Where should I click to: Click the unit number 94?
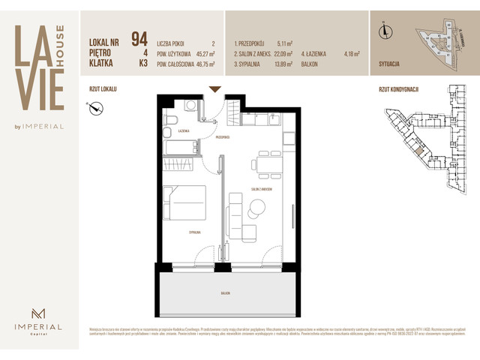click(139, 39)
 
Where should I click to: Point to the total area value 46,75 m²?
click(202, 65)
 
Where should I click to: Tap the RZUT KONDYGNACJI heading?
click(398, 89)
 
